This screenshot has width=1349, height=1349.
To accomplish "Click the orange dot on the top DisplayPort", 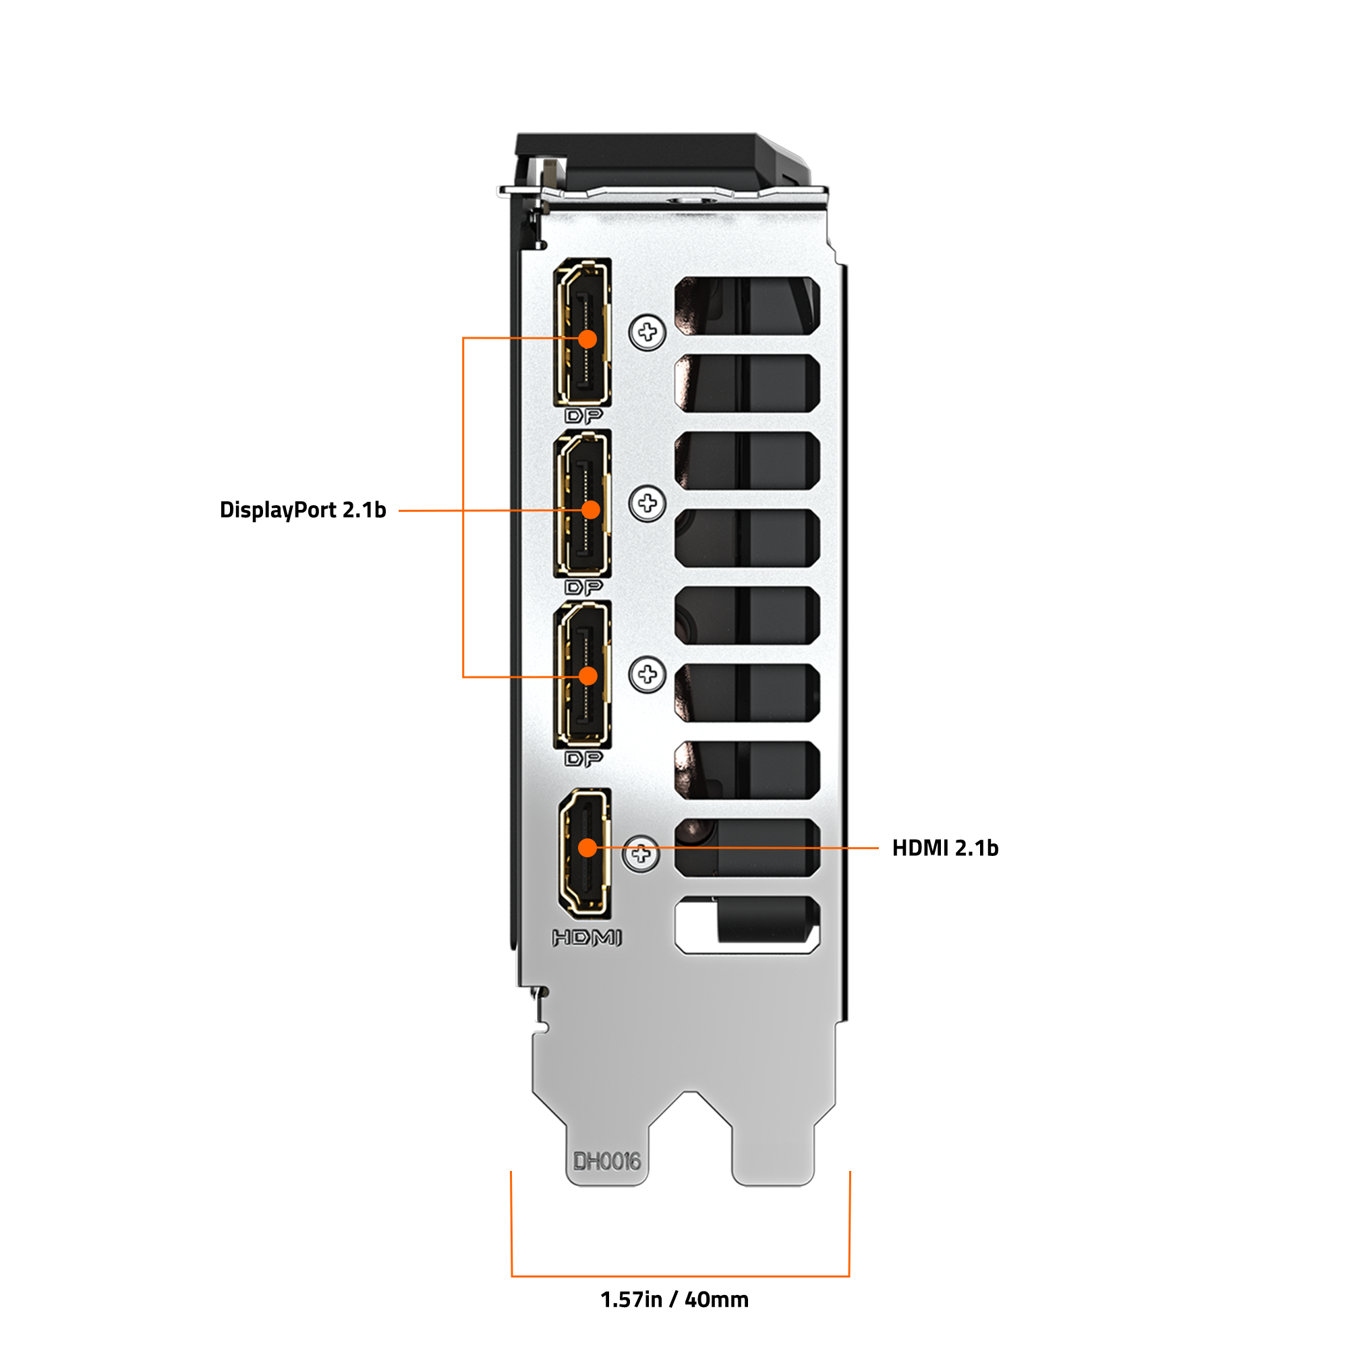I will point(588,339).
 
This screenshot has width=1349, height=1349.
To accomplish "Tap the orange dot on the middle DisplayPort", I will point(591,510).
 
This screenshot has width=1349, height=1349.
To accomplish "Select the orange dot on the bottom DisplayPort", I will point(588,676).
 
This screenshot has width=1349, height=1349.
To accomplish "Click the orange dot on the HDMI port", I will point(588,848).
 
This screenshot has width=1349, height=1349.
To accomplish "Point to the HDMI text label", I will point(587,938).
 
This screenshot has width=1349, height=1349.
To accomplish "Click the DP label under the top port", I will point(583,416).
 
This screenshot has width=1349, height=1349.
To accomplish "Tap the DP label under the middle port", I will point(583,587).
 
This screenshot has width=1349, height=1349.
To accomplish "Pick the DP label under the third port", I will point(583,758).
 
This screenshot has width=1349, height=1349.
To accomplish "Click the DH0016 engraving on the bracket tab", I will point(606,1161).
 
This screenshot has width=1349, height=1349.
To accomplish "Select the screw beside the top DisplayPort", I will point(648,332).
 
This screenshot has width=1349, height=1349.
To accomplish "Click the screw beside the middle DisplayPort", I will point(648,503).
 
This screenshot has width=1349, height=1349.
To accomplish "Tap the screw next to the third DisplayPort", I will point(648,674).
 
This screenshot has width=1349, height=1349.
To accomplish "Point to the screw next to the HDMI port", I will point(640,853).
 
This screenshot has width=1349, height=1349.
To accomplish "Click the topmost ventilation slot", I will point(747,305).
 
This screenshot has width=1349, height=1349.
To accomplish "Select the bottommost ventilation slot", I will point(747,925).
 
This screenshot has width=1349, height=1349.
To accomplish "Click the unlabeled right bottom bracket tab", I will point(774,1145).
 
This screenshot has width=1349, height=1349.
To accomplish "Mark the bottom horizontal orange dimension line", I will point(680,1275).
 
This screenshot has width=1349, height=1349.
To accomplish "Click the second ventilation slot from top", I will point(747,382).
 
